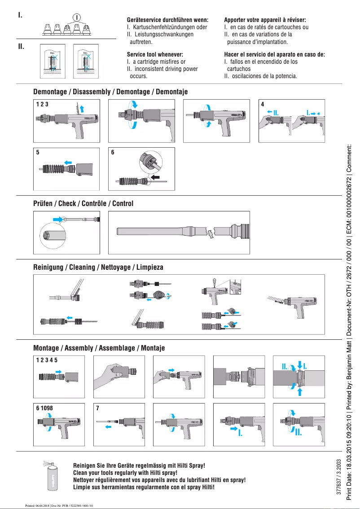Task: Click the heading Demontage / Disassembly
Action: pyautogui.click(x=110, y=92)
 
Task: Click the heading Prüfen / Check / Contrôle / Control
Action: pyautogui.click(x=83, y=203)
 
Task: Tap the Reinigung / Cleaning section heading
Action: pyautogui.click(x=98, y=267)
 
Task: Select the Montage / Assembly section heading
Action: pyautogui.click(x=99, y=348)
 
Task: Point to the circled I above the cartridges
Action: pyautogui.click(x=77, y=17)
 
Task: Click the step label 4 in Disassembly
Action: pyautogui.click(x=263, y=104)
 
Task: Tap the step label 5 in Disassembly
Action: pyautogui.click(x=38, y=152)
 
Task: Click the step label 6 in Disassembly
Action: pyautogui.click(x=113, y=152)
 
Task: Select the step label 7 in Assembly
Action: pyautogui.click(x=97, y=408)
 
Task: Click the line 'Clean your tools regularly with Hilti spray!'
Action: pyautogui.click(x=125, y=473)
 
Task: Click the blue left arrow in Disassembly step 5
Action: pyautogui.click(x=68, y=161)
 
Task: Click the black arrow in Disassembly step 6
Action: pyautogui.click(x=155, y=178)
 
